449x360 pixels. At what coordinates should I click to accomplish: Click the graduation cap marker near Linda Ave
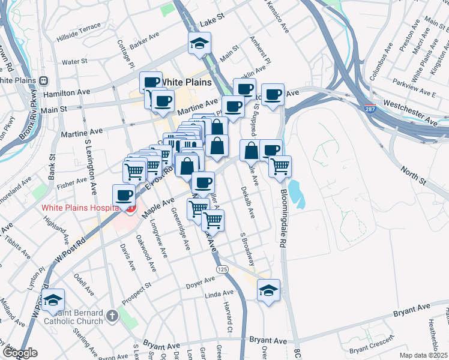[268, 291]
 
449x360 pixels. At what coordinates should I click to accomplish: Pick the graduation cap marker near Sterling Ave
[53, 301]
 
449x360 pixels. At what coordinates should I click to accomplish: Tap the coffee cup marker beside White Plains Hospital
[124, 195]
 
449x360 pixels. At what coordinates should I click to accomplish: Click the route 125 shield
[223, 270]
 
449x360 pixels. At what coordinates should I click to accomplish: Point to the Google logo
[19, 353]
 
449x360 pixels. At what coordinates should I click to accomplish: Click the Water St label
[75, 61]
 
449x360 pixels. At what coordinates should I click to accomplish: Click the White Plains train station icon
[44, 80]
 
